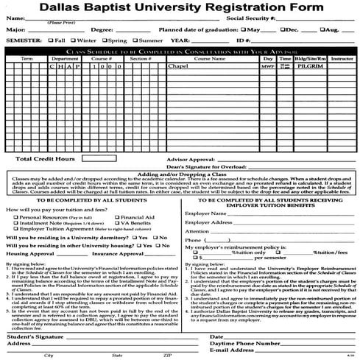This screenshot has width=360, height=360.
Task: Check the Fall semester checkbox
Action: pos(50,40)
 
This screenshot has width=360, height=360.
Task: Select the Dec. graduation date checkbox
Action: pos(283,30)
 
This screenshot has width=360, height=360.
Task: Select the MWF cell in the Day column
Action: pos(267,66)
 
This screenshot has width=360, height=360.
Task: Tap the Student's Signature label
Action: pos(32,336)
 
